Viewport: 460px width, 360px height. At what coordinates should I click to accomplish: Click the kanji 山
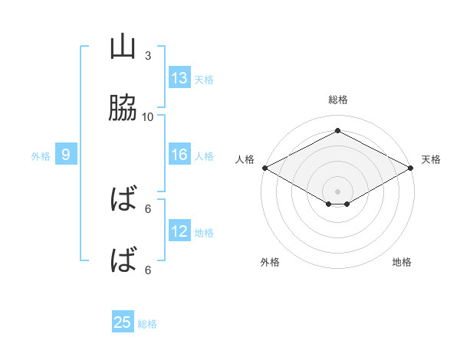[x=123, y=47]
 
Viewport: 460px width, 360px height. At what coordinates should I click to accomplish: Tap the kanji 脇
[x=123, y=109]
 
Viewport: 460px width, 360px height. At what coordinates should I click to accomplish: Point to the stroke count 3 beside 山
[x=148, y=55]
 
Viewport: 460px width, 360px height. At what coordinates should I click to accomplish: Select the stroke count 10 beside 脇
[x=148, y=116]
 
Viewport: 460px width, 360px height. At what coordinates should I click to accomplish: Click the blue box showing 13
[x=179, y=78]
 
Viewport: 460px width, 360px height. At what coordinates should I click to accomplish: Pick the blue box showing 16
[x=179, y=155]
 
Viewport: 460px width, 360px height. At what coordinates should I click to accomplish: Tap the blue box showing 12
[x=179, y=231]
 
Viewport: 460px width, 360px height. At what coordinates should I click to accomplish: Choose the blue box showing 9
[x=66, y=155]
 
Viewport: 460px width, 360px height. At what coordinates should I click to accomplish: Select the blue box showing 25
[x=123, y=322]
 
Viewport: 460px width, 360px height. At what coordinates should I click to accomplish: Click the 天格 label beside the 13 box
[x=204, y=79]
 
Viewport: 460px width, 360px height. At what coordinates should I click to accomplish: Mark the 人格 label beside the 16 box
[x=204, y=155]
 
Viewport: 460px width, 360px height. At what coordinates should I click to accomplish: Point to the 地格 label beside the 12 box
[x=204, y=232]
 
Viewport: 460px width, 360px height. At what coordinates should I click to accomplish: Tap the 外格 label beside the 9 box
[x=41, y=155]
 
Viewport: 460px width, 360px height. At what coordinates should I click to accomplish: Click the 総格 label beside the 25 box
[x=147, y=323]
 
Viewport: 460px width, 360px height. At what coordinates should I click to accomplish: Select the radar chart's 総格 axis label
[x=338, y=100]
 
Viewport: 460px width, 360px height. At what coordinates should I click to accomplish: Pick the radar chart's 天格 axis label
[x=432, y=159]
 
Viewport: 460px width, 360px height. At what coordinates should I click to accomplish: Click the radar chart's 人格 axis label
[x=245, y=159]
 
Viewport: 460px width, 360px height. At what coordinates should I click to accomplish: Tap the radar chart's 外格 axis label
[x=270, y=262]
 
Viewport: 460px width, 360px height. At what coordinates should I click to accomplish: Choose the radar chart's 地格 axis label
[x=402, y=262]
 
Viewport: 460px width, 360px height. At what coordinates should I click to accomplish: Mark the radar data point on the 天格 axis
[x=412, y=168]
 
